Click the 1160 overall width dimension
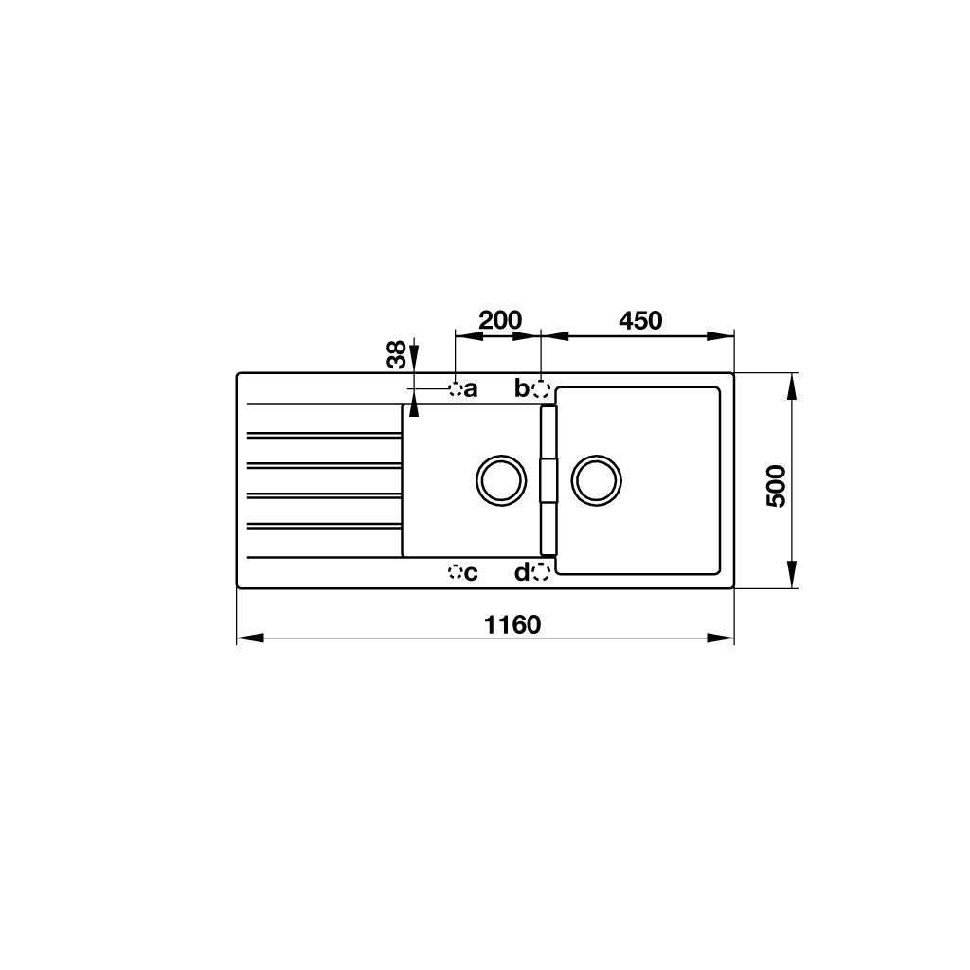pyautogui.click(x=512, y=625)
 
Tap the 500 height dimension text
pyautogui.click(x=776, y=486)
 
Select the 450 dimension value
pyautogui.click(x=640, y=320)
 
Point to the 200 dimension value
pyautogui.click(x=500, y=320)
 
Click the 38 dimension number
pyautogui.click(x=397, y=354)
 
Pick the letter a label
pyautogui.click(x=471, y=389)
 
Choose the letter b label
pyautogui.click(x=522, y=387)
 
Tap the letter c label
pyautogui.click(x=471, y=573)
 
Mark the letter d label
pyautogui.click(x=522, y=572)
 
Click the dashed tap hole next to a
pyautogui.click(x=456, y=389)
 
